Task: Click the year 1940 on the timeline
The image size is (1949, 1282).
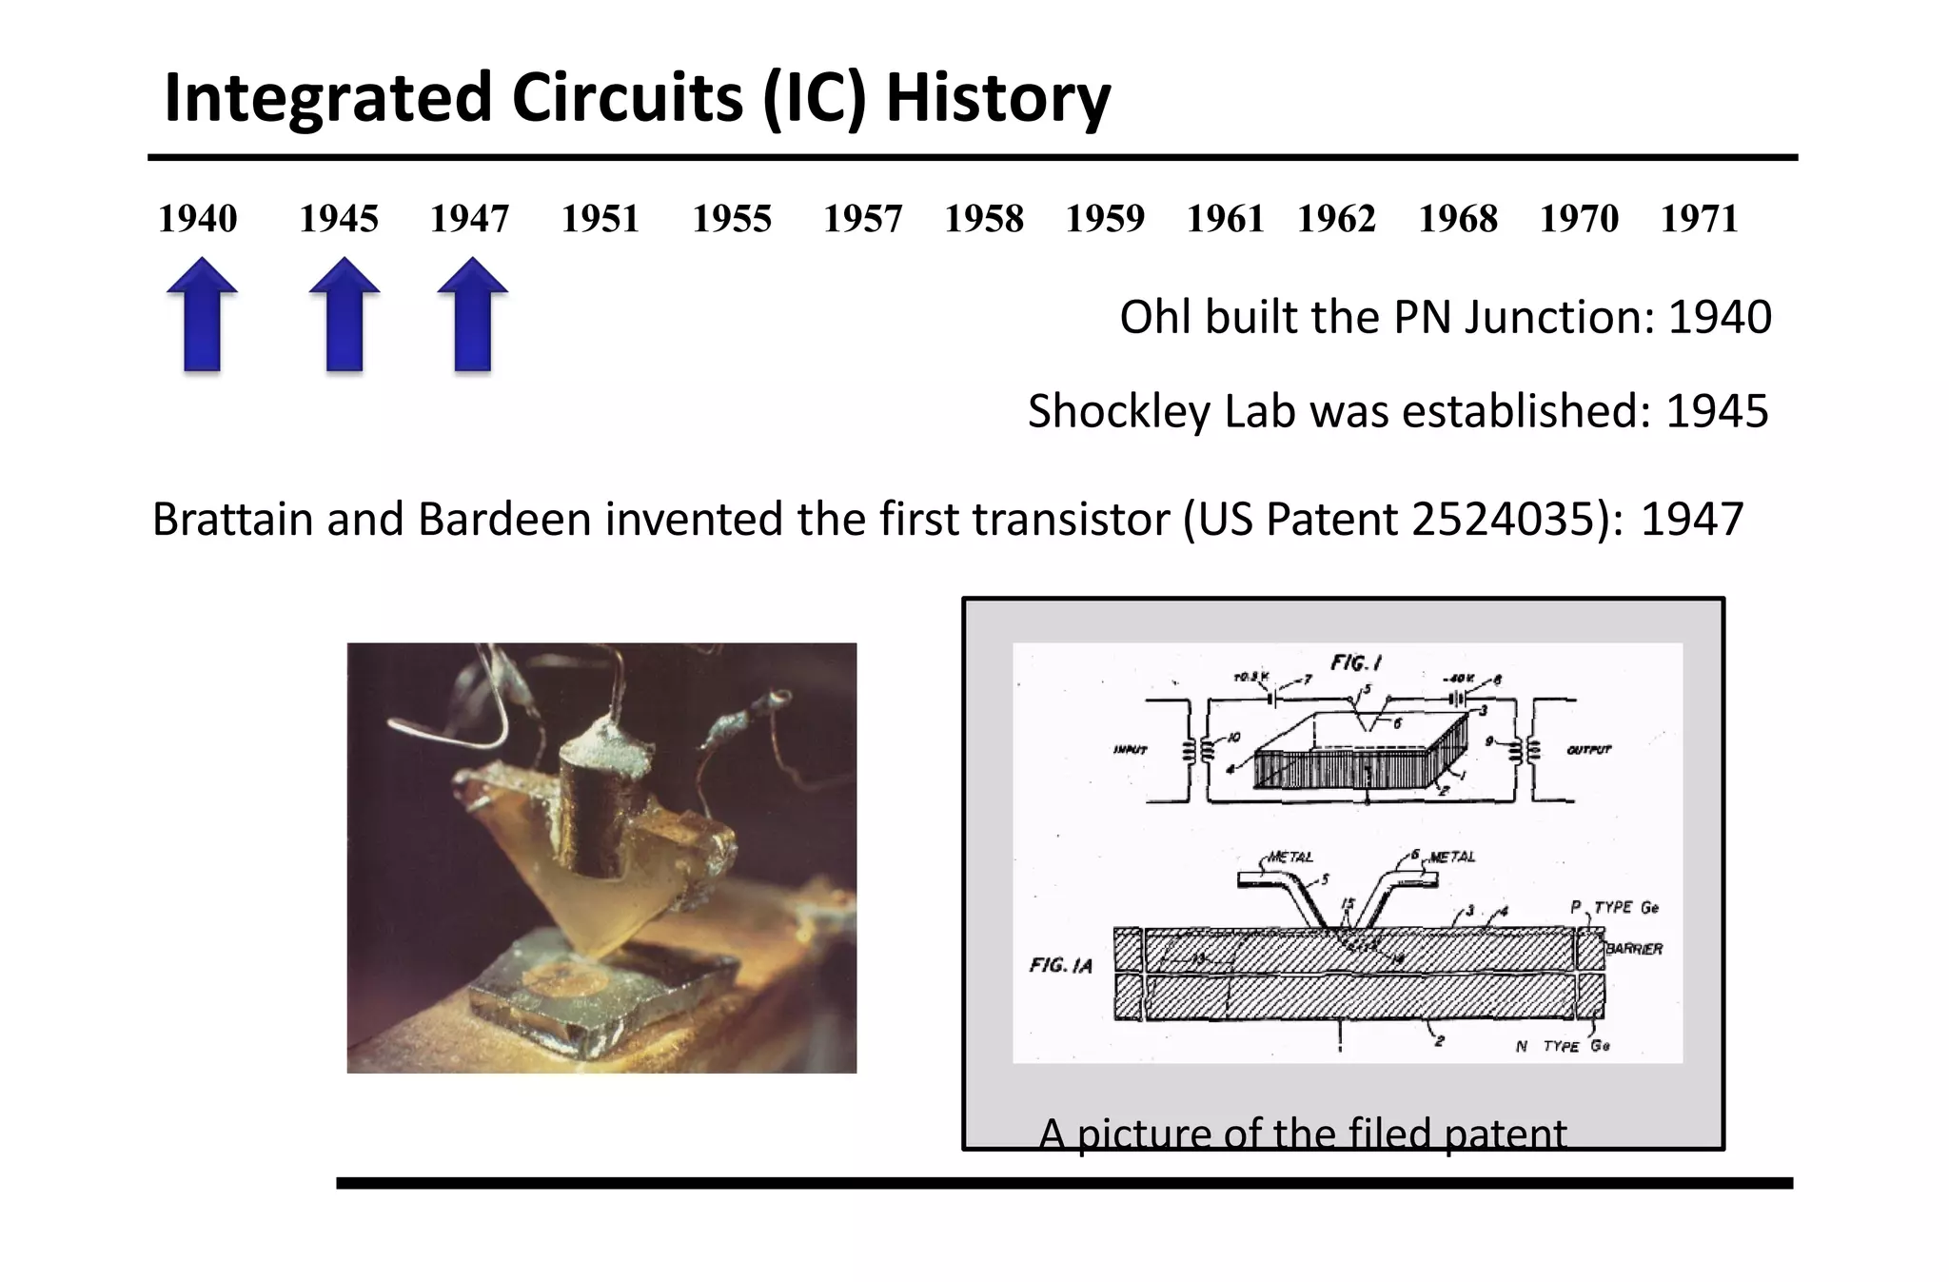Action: point(197,219)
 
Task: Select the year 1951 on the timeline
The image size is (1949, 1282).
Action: point(600,219)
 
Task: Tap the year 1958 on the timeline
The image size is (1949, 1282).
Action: point(983,219)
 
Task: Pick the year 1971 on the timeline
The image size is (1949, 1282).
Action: point(1699,219)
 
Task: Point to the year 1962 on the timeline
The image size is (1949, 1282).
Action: point(1336,219)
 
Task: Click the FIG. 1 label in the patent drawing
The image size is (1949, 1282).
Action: point(1355,662)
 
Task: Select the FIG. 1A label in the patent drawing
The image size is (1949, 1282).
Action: point(1060,966)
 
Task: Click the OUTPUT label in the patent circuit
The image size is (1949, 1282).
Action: point(1589,750)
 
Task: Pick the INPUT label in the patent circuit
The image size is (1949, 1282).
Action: point(1130,750)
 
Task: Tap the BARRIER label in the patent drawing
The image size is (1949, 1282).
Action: point(1634,949)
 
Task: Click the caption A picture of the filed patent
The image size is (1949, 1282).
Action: point(1302,1134)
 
